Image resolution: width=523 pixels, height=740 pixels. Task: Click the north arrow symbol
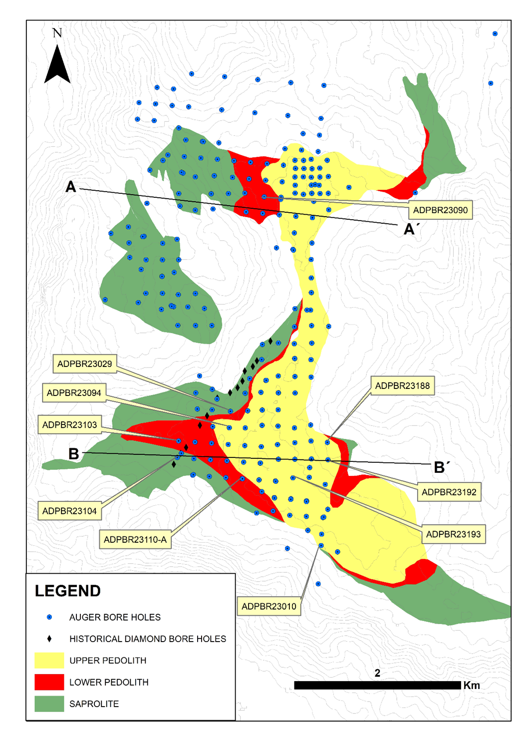[x=57, y=65]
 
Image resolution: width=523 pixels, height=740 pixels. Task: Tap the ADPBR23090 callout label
[x=440, y=210]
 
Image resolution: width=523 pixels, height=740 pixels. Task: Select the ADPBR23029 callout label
[x=84, y=364]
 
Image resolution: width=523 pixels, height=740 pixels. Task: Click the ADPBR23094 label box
[x=74, y=393]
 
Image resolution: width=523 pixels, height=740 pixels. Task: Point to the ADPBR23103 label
[x=69, y=425]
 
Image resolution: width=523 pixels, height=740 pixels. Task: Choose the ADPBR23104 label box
[x=69, y=511]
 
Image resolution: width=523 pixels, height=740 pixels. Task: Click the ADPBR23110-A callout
[x=135, y=540]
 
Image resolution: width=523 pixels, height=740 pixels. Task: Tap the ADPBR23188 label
[x=402, y=386]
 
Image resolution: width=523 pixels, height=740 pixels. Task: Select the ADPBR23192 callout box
[x=449, y=492]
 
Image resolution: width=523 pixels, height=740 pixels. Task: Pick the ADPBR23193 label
[x=453, y=534]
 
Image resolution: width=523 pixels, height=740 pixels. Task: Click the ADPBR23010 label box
[x=268, y=607]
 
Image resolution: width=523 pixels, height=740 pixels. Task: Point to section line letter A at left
[x=71, y=187]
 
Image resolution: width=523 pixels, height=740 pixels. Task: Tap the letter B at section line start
[x=73, y=454]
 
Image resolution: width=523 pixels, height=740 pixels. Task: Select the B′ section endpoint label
[x=442, y=467]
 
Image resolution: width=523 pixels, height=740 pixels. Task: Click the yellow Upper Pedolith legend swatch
[x=49, y=660]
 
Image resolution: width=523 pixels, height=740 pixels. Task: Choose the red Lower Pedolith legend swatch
[x=49, y=682]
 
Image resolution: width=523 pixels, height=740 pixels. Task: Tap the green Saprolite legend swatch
[x=49, y=704]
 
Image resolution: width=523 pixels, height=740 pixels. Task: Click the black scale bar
[x=377, y=685]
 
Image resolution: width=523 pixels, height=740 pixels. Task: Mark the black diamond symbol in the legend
[x=49, y=639]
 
